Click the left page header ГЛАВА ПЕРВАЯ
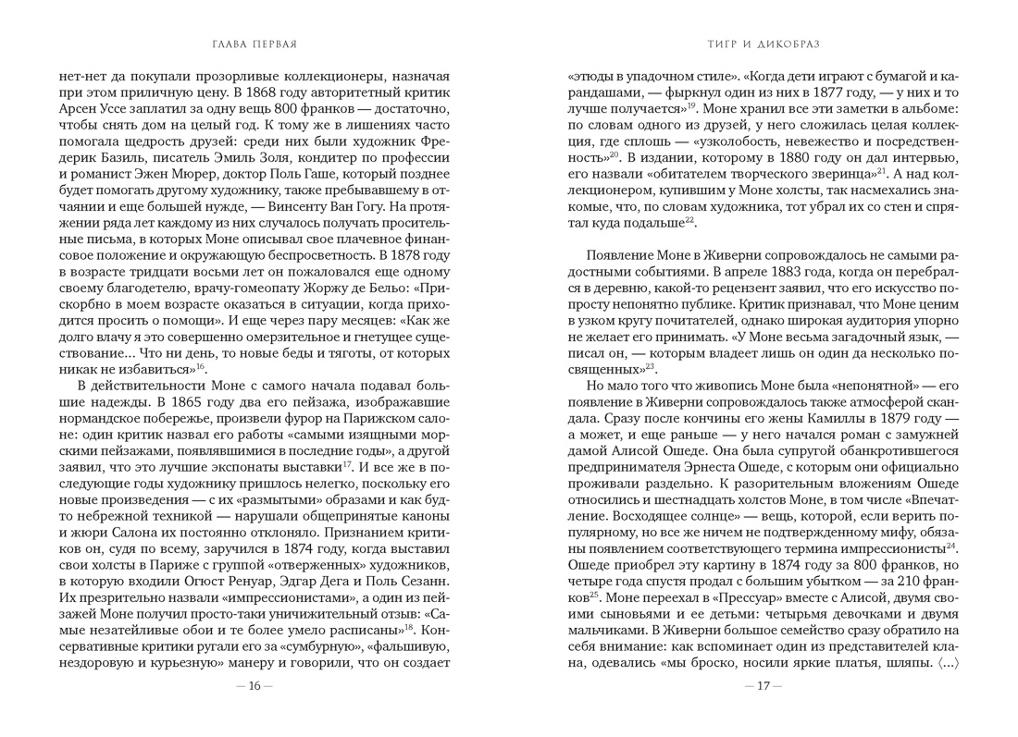coord(254,43)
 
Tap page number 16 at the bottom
coord(254,685)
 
